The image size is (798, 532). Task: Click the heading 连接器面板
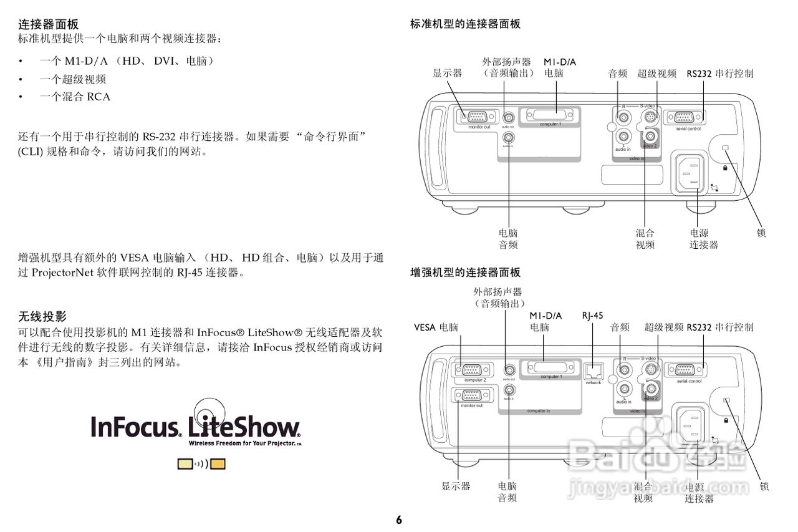[x=48, y=24]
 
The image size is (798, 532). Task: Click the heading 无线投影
[x=42, y=316]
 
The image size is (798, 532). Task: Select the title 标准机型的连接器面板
[x=465, y=24]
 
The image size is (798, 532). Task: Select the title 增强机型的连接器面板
[x=465, y=273]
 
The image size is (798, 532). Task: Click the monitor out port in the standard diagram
[x=479, y=116]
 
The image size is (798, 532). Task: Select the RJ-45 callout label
[x=592, y=316]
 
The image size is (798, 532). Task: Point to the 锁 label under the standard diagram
[x=761, y=233]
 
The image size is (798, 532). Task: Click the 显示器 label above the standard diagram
[x=448, y=73]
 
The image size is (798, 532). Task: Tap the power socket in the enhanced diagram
[x=688, y=424]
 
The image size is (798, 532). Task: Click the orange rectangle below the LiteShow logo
[x=218, y=464]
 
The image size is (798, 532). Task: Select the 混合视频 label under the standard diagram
[x=645, y=238]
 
